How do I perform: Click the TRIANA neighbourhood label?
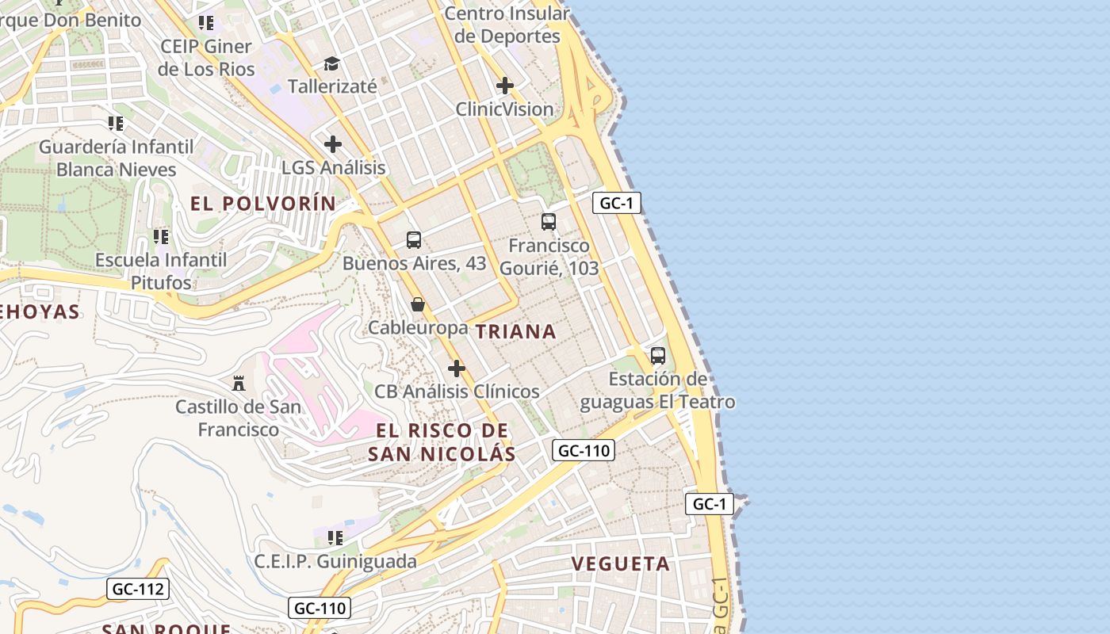[x=516, y=332]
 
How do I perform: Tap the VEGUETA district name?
[x=621, y=564]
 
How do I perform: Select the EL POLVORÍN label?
[x=263, y=204]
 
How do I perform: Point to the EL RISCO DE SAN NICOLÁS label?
[x=442, y=442]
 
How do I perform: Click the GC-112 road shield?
[x=137, y=589]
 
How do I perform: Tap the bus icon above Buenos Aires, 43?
[x=413, y=239]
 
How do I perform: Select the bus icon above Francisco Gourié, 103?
[x=548, y=222]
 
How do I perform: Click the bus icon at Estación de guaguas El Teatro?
[x=657, y=355]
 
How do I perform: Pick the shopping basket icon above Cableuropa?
[x=418, y=304]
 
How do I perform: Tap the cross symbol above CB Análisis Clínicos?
[x=457, y=369]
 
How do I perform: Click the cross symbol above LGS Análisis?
[x=333, y=144]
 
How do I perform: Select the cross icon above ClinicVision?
[x=504, y=86]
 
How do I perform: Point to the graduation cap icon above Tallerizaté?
[x=331, y=63]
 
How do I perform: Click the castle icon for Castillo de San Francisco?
[x=238, y=384]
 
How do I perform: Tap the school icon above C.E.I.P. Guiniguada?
[x=335, y=538]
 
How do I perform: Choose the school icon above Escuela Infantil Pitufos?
[x=161, y=236]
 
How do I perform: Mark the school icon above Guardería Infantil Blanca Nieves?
[x=116, y=124]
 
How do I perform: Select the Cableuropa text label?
[x=418, y=327]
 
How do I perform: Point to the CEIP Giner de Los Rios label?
[x=206, y=58]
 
